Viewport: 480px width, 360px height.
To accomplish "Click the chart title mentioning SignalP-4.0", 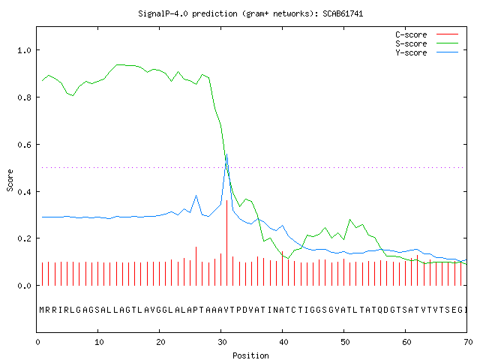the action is tap(250, 13).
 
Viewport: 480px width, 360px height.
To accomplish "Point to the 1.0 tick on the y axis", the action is tap(24, 50).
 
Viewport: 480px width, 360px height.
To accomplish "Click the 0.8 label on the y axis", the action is tap(24, 97).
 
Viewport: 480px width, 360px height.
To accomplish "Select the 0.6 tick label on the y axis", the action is tap(24, 145).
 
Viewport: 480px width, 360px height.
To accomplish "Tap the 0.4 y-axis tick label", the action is tap(24, 192).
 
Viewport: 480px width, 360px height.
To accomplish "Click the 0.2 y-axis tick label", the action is tap(24, 238).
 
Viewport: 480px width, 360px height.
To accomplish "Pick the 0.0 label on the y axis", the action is tap(24, 286).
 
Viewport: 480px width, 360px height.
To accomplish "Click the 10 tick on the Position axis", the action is tap(99, 342).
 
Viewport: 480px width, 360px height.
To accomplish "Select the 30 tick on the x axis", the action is tap(222, 342).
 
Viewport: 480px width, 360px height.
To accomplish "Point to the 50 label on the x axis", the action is tap(345, 342).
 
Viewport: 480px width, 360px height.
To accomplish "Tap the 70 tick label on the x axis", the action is tap(468, 342).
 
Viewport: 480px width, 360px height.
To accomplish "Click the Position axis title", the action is tap(250, 355).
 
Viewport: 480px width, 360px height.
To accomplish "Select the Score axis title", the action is tap(10, 180).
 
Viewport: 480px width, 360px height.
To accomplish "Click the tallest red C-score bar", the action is tap(226, 243).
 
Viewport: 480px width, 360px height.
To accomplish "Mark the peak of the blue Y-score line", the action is tap(226, 154).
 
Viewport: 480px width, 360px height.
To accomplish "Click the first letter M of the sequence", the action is tap(42, 310).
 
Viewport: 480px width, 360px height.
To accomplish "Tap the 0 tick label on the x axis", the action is tap(37, 342).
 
